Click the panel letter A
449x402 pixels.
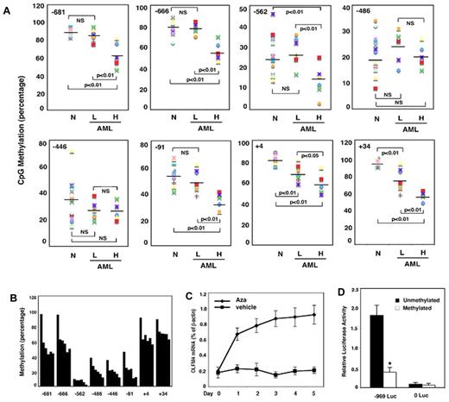[x=6, y=6]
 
